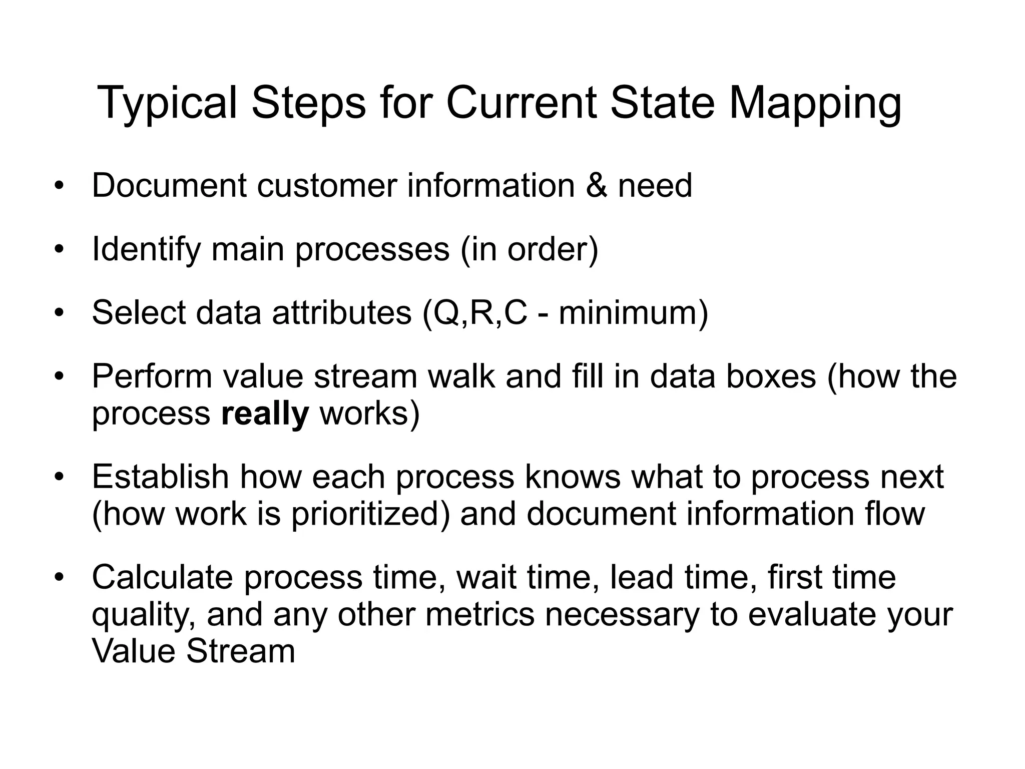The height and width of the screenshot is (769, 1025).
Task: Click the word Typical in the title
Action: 167,104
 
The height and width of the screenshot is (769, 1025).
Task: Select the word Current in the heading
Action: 521,104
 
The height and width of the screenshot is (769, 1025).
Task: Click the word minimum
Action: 629,313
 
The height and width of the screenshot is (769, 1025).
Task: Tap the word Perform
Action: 152,376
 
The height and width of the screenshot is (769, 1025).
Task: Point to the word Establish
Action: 160,477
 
